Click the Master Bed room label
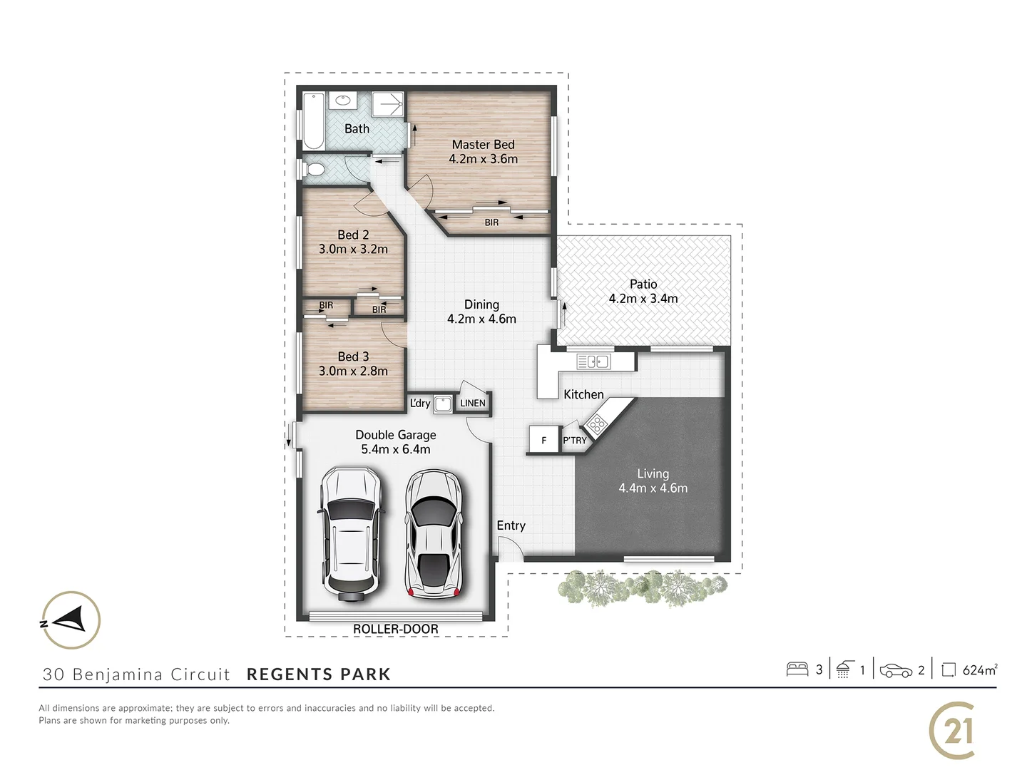pos(483,145)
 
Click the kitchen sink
pos(593,362)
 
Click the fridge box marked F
pos(543,440)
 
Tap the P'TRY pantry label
pos(574,441)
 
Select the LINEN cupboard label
pos(472,404)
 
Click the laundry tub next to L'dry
pos(444,404)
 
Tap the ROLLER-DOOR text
pos(396,629)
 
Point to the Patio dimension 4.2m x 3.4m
pos(643,299)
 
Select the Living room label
pos(653,473)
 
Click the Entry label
pos(511,525)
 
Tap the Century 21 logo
pos(953,730)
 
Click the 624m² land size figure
pos(979,670)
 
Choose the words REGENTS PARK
pos(318,674)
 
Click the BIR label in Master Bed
pos(491,222)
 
